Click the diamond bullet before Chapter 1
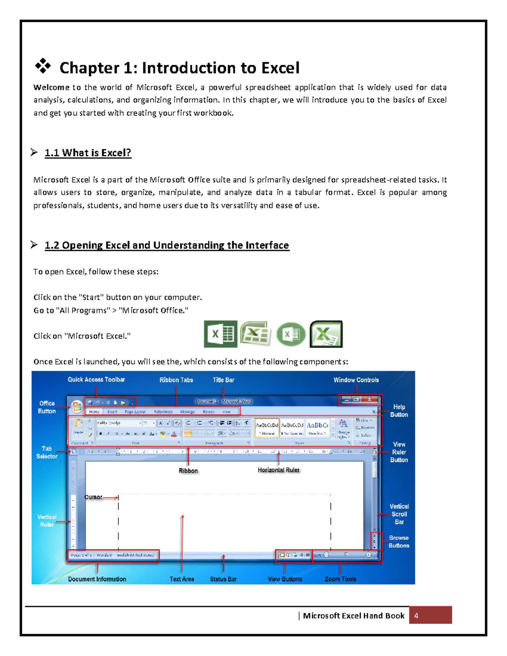[43, 66]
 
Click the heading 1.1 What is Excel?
[88, 153]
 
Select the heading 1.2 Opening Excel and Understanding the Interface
[166, 245]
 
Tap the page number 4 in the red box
[416, 615]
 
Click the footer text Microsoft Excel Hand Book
[354, 615]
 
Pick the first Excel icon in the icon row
[220, 334]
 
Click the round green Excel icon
[291, 334]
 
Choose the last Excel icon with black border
[326, 334]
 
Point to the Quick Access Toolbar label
[96, 379]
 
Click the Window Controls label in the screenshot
[356, 380]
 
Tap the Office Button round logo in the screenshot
[77, 407]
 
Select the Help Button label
[399, 411]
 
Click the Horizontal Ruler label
[278, 470]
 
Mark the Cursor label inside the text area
[93, 497]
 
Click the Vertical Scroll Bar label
[399, 514]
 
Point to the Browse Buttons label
[399, 542]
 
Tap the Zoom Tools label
[340, 579]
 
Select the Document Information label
[97, 579]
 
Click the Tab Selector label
[46, 452]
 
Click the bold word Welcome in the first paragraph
[51, 87]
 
